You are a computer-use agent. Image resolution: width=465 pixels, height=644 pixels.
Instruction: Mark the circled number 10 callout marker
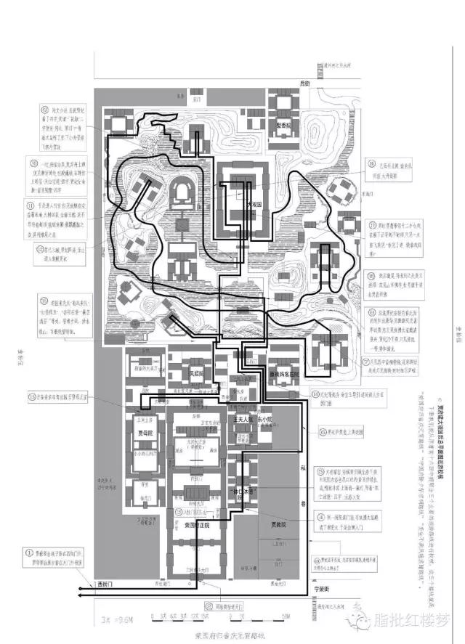pyautogui.click(x=33, y=161)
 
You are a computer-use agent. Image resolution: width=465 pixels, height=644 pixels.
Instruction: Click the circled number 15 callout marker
pyautogui.click(x=33, y=299)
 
